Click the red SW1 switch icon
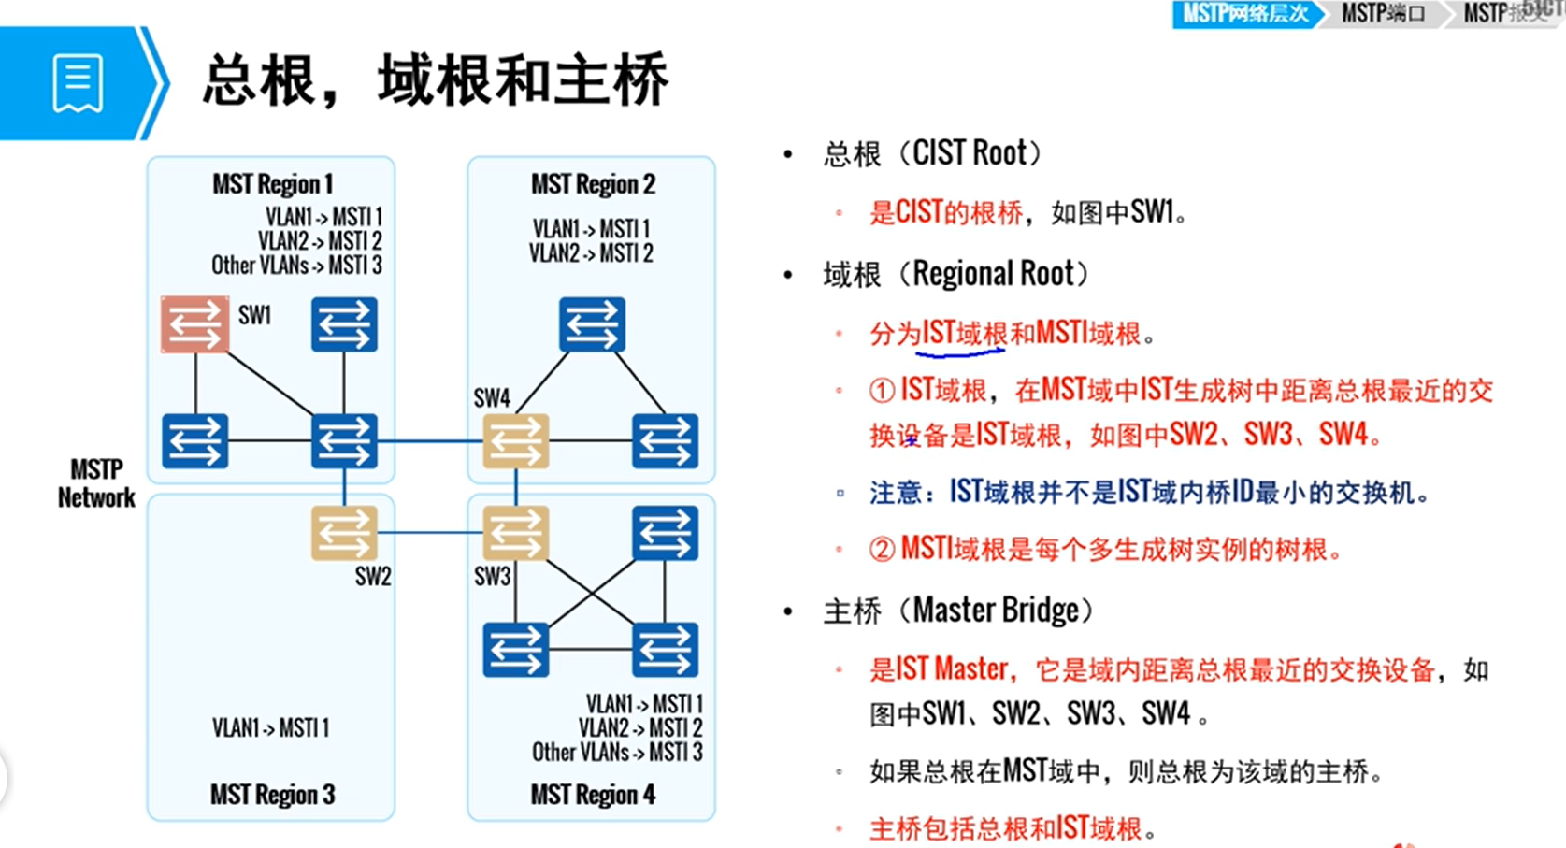tap(194, 324)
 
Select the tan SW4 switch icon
tap(515, 441)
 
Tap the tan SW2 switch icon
tap(344, 533)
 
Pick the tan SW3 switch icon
tap(515, 533)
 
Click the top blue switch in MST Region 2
tap(592, 324)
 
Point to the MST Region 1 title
tap(272, 184)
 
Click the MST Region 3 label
tap(272, 795)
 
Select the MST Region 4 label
tap(593, 795)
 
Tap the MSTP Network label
tap(96, 483)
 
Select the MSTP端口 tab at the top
tap(1383, 14)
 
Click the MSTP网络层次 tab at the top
tap(1244, 14)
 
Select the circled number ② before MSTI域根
tap(882, 549)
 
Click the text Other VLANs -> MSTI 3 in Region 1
tap(296, 266)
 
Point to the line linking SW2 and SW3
tap(430, 533)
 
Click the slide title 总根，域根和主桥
tap(436, 80)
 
